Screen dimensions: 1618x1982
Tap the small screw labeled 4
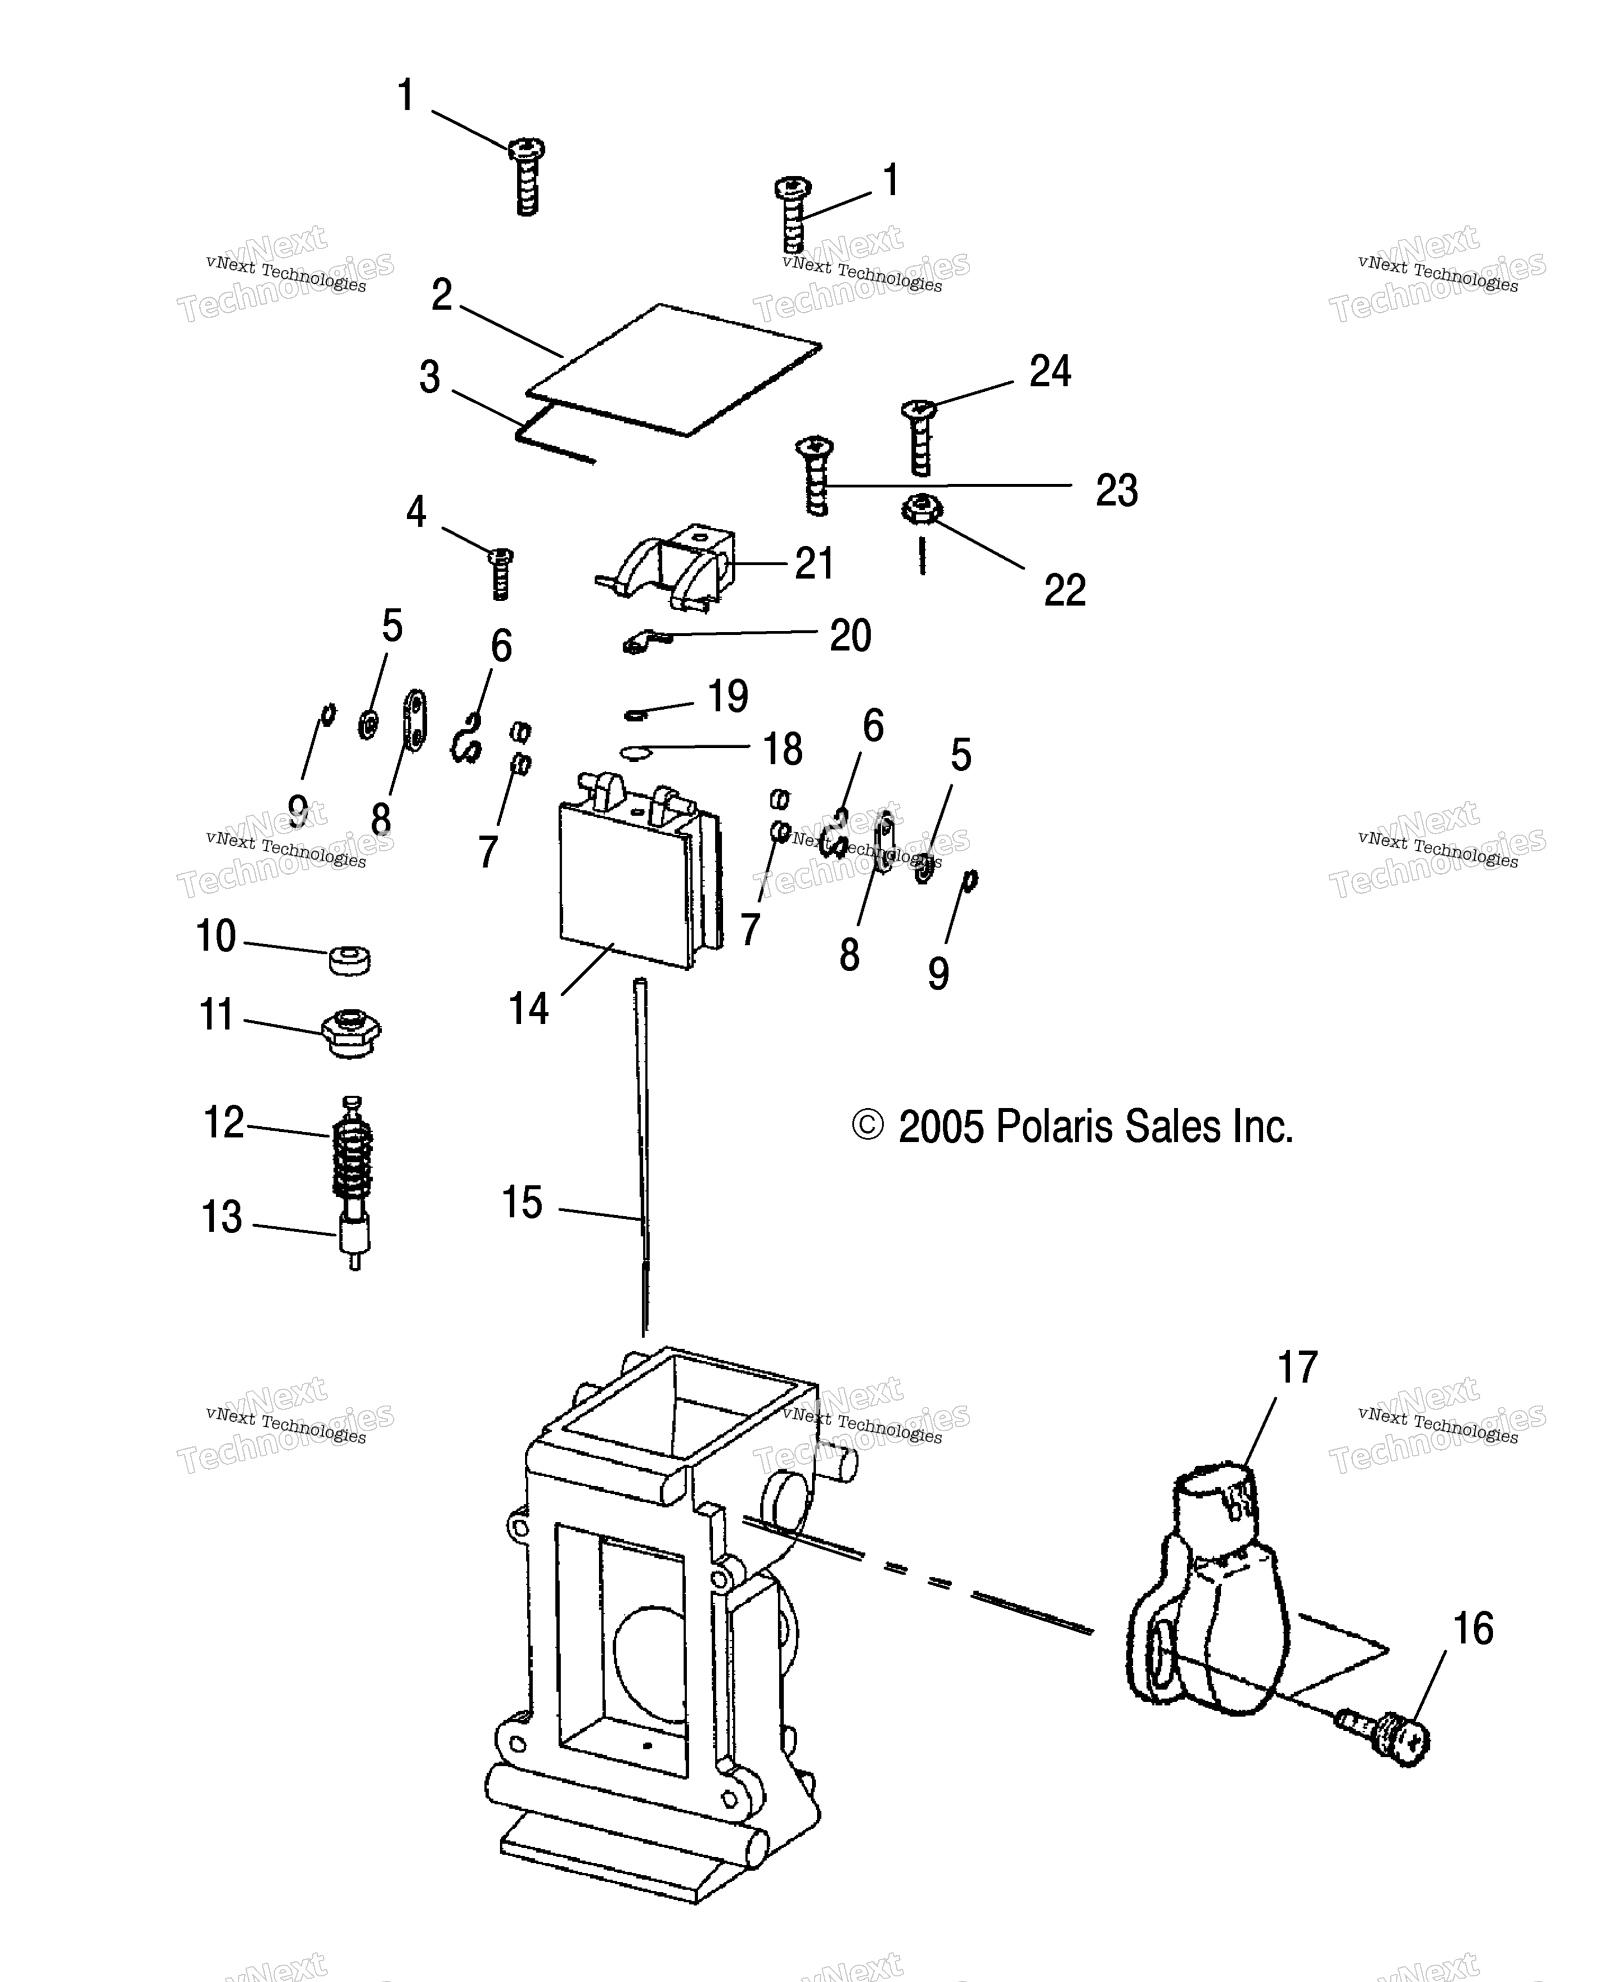coord(501,573)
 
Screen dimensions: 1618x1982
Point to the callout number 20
coord(850,636)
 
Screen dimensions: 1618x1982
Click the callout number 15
coord(522,1203)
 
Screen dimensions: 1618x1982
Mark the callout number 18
coord(783,748)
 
